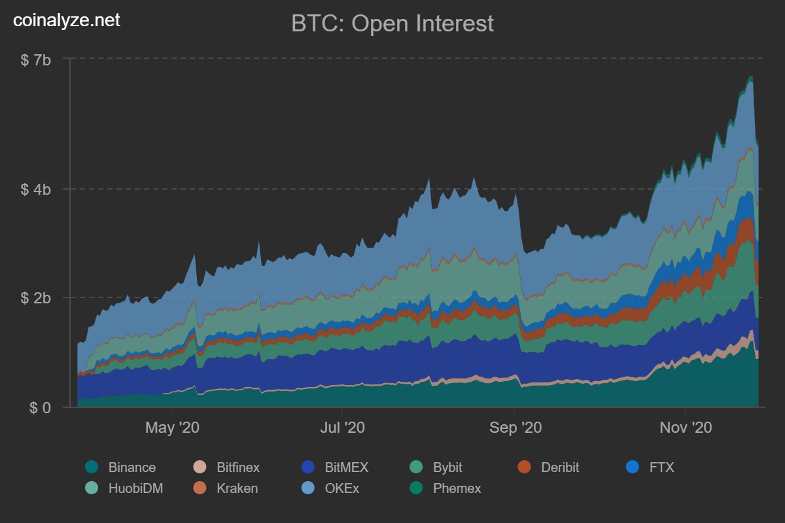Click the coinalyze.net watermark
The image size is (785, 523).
[67, 20]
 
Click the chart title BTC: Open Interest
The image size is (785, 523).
[392, 24]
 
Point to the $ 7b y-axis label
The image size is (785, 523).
[36, 60]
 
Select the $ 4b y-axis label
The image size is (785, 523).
[36, 190]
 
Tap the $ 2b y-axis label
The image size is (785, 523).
[36, 298]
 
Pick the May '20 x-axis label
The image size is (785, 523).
[172, 428]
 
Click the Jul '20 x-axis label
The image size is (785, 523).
[343, 428]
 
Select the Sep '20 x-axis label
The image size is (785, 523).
[515, 428]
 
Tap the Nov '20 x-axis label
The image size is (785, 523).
[684, 428]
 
